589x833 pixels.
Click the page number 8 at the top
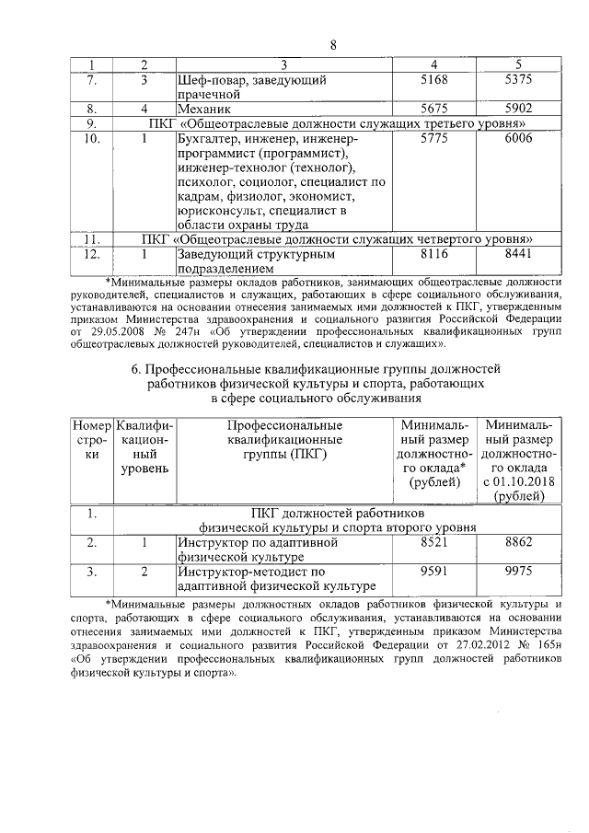coord(333,45)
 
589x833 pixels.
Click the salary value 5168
coord(433,81)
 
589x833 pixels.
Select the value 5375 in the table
coord(520,81)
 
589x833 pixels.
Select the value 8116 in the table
coord(433,253)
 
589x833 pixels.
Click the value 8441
coord(520,253)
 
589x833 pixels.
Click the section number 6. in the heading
coord(138,369)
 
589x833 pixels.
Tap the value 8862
coord(520,543)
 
